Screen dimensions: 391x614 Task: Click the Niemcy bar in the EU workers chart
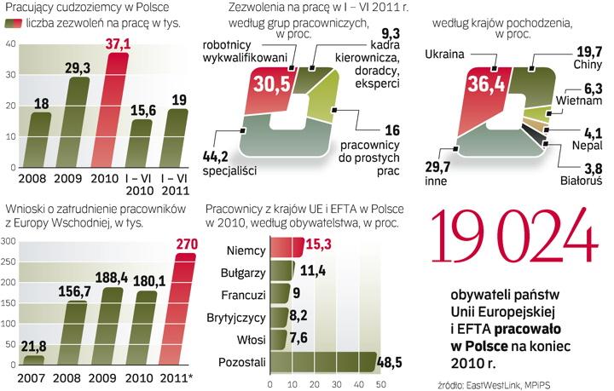pos(286,249)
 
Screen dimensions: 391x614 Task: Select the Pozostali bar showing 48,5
pos(326,363)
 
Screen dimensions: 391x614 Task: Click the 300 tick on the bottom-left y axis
pos(10,242)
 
